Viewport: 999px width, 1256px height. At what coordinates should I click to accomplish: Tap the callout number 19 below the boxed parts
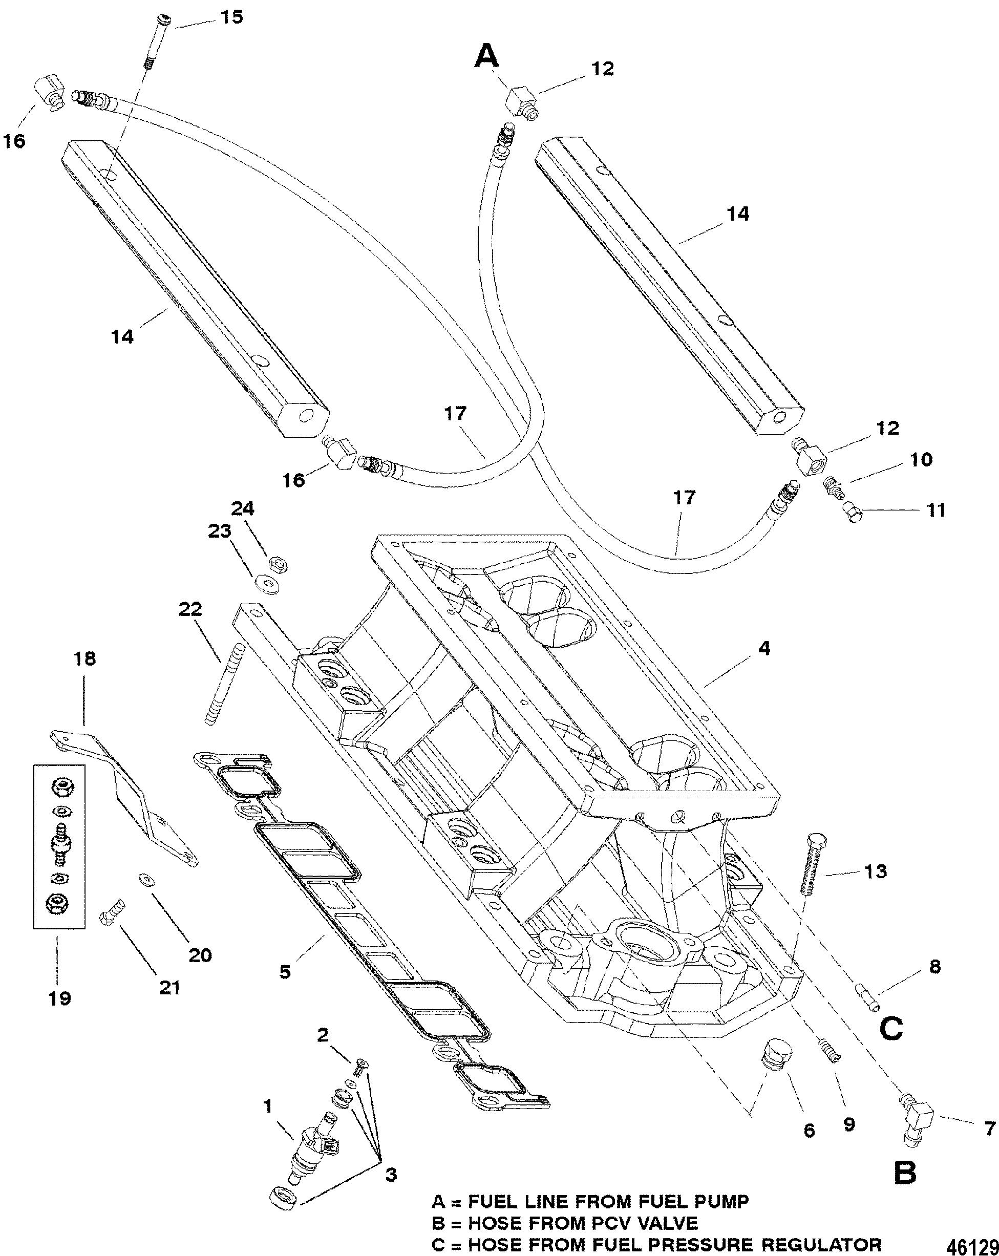59,998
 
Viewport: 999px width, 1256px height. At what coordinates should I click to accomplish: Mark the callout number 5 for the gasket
285,971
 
